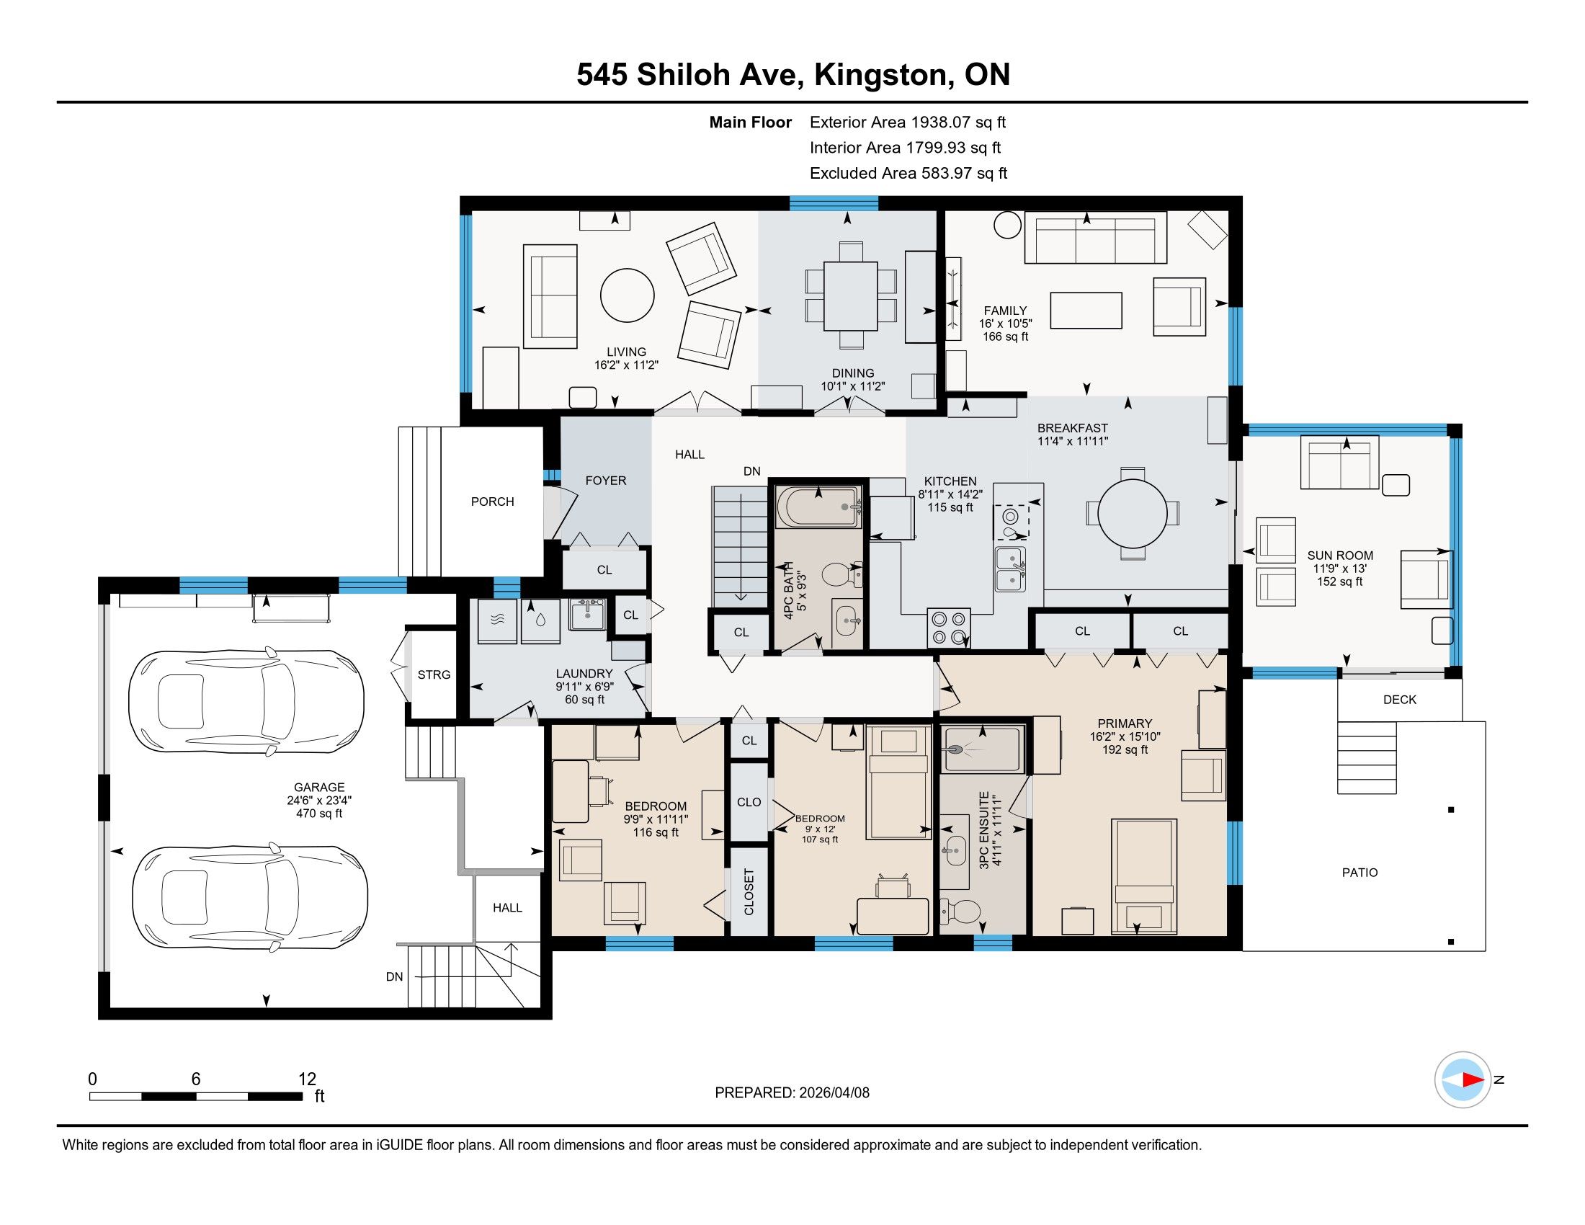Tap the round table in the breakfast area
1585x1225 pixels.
pos(1132,513)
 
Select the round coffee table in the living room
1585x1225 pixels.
pos(627,295)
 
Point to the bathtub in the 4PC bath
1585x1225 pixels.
pos(818,507)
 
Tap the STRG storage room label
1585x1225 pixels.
pos(434,675)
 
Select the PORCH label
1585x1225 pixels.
pos(492,502)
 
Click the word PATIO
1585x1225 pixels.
pos(1359,873)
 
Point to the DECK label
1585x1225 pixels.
pos(1399,700)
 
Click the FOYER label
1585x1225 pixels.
pos(605,481)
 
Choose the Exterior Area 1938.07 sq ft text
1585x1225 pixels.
pos(907,122)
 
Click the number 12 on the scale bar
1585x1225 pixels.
pos(307,1079)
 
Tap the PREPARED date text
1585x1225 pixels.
pos(792,1093)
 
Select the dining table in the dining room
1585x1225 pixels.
pos(851,295)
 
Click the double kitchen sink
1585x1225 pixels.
pos(1010,569)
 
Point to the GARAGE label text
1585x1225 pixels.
pos(318,788)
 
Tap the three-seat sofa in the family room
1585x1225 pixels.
pos(1095,237)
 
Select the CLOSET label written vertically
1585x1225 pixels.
pos(749,892)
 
